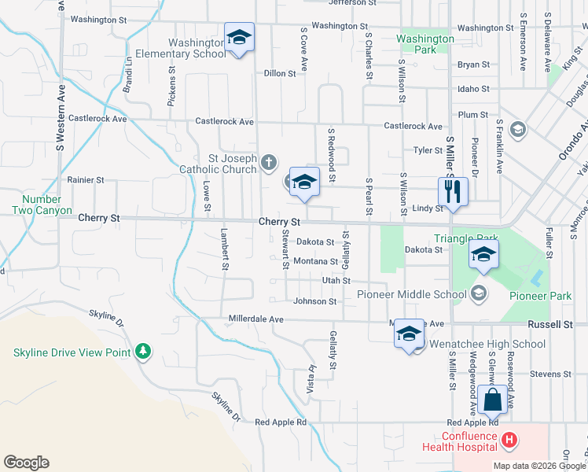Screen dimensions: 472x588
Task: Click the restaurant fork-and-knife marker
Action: tap(453, 190)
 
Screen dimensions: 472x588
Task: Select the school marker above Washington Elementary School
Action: tap(239, 37)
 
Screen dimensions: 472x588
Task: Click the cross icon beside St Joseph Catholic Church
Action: tap(269, 163)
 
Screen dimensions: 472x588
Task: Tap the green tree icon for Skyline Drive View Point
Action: tap(142, 350)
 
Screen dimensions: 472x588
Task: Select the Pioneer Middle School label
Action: tap(412, 295)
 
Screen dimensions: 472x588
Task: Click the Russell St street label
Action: tap(549, 324)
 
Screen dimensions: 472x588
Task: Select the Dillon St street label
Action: tap(279, 73)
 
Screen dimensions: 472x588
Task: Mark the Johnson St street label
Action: tap(314, 301)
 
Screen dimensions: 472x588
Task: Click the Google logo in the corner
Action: tap(26, 463)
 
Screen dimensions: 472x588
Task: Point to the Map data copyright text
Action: tap(539, 466)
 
